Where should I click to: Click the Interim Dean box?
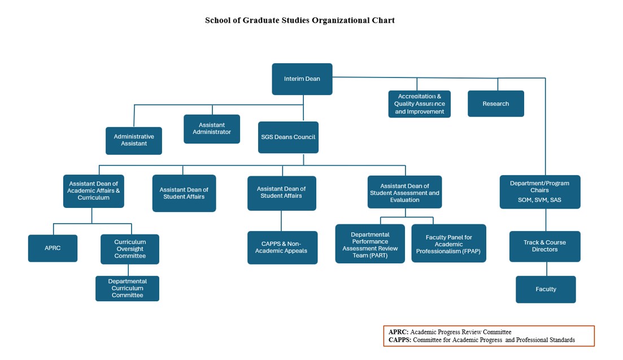(302, 79)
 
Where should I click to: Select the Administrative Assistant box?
(134, 141)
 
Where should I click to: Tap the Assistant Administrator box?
(212, 129)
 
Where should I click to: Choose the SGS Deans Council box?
(288, 137)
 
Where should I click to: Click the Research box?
(496, 104)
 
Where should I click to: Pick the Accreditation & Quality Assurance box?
(420, 104)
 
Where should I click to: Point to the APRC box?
(53, 248)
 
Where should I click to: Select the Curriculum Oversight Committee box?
(130, 249)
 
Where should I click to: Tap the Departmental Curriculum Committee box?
(127, 288)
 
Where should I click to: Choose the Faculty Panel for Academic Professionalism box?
(448, 243)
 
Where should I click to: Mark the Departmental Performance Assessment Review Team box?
(370, 244)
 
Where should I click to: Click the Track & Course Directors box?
(544, 246)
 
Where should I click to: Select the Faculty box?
(546, 289)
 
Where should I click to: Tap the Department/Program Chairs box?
(540, 192)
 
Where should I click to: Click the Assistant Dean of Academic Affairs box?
(93, 191)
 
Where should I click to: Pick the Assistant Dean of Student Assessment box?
(404, 192)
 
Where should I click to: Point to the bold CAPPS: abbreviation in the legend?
(400, 340)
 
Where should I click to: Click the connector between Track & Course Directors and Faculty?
(547, 269)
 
